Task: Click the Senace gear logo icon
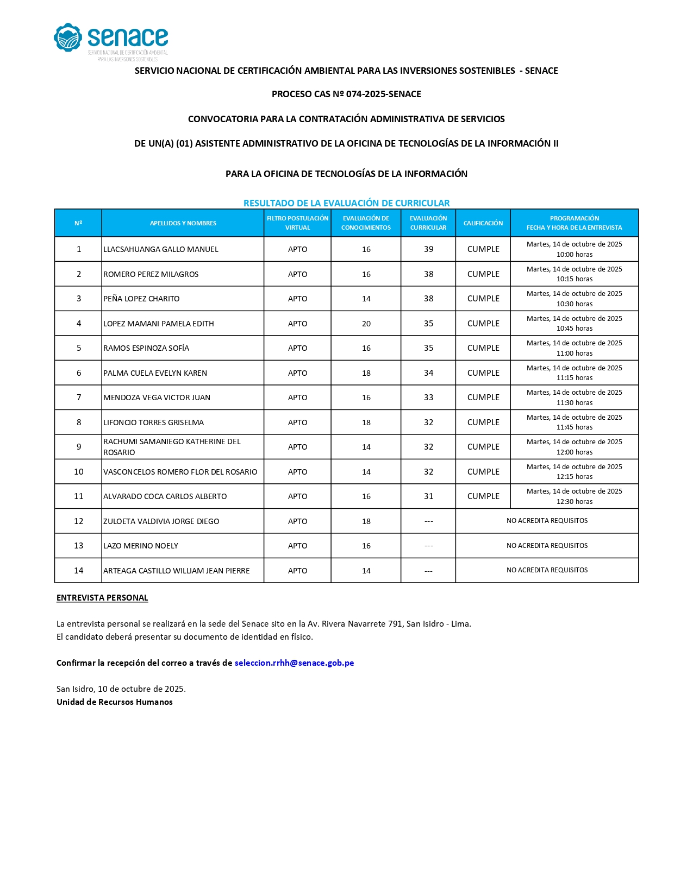tap(68, 37)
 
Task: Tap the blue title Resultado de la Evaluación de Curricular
tap(346, 203)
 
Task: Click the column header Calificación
tap(483, 223)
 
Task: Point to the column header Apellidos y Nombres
tap(183, 223)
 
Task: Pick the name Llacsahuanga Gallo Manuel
tap(161, 249)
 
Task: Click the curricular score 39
tap(428, 249)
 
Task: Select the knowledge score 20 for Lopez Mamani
tap(366, 324)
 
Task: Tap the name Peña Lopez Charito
tap(141, 299)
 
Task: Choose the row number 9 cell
tap(78, 447)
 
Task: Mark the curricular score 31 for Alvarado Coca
tap(428, 496)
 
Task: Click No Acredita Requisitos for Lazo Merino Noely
tap(547, 546)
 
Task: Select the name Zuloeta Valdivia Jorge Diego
tap(161, 521)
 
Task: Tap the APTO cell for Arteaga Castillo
tap(297, 571)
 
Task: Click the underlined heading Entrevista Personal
tap(102, 598)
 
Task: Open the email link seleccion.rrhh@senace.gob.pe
tap(294, 663)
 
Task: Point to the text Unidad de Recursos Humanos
tap(115, 702)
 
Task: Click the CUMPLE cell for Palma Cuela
tap(483, 373)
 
